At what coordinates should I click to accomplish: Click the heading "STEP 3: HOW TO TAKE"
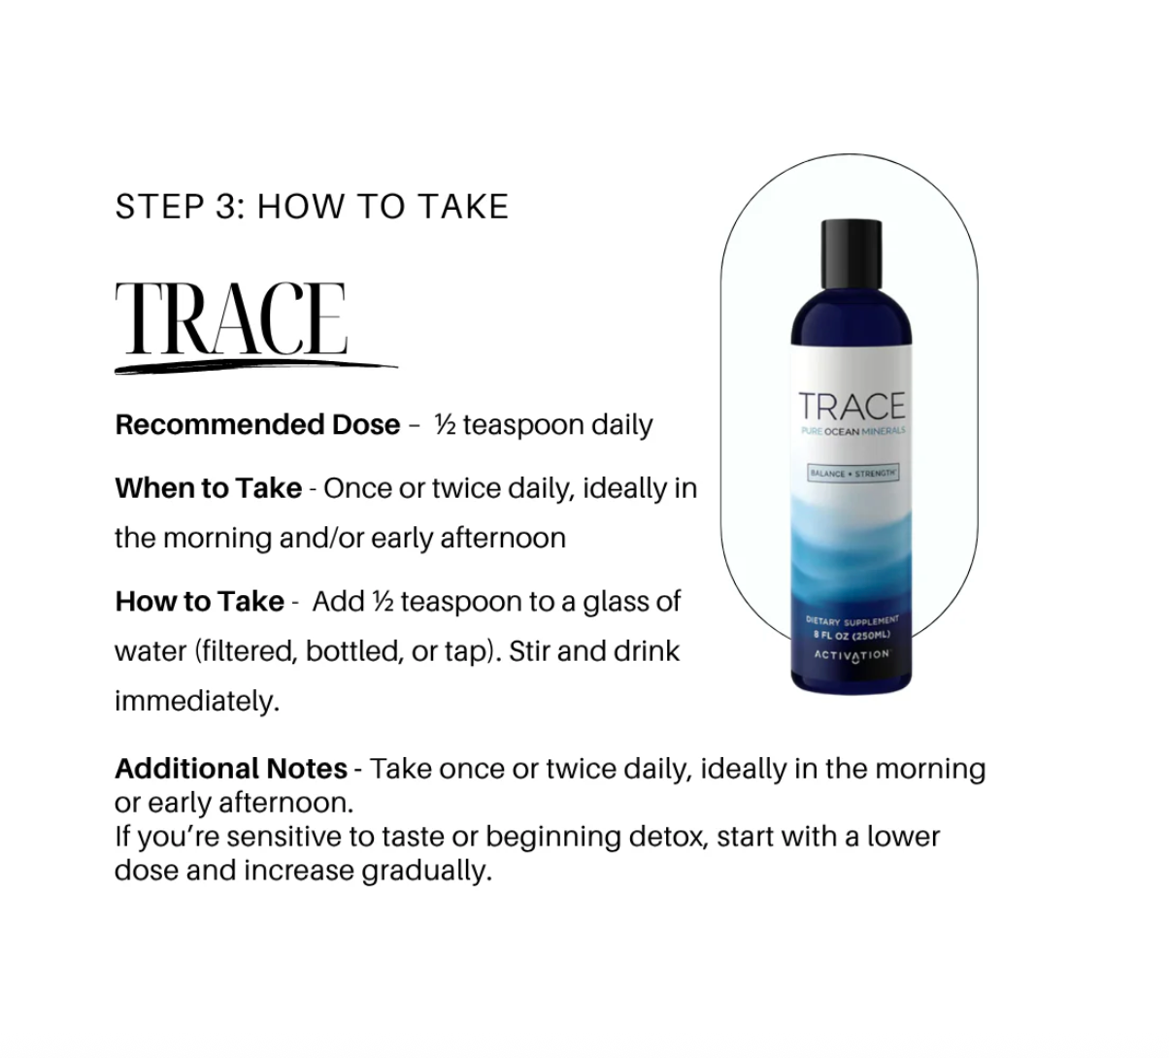click(312, 207)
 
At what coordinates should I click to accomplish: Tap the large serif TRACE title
click(231, 318)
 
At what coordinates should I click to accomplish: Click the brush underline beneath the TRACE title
click(256, 367)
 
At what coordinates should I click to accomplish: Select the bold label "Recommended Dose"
click(257, 425)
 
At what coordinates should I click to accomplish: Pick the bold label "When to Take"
click(209, 488)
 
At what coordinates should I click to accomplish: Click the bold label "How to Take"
click(200, 601)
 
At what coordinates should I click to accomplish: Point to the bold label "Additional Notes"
click(231, 769)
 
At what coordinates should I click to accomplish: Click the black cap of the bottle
click(852, 254)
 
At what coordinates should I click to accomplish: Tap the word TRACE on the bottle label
click(852, 406)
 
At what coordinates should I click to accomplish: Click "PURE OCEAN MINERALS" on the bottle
click(853, 431)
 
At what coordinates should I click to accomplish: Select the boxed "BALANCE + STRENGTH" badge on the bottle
click(853, 473)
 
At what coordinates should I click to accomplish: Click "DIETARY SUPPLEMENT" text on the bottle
click(852, 620)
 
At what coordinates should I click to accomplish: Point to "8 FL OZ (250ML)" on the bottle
click(852, 635)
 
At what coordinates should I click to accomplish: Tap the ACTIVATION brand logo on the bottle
click(852, 655)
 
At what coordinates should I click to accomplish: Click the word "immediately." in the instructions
click(197, 702)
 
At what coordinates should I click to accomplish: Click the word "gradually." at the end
click(427, 871)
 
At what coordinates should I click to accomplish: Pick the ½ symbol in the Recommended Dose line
click(446, 424)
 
